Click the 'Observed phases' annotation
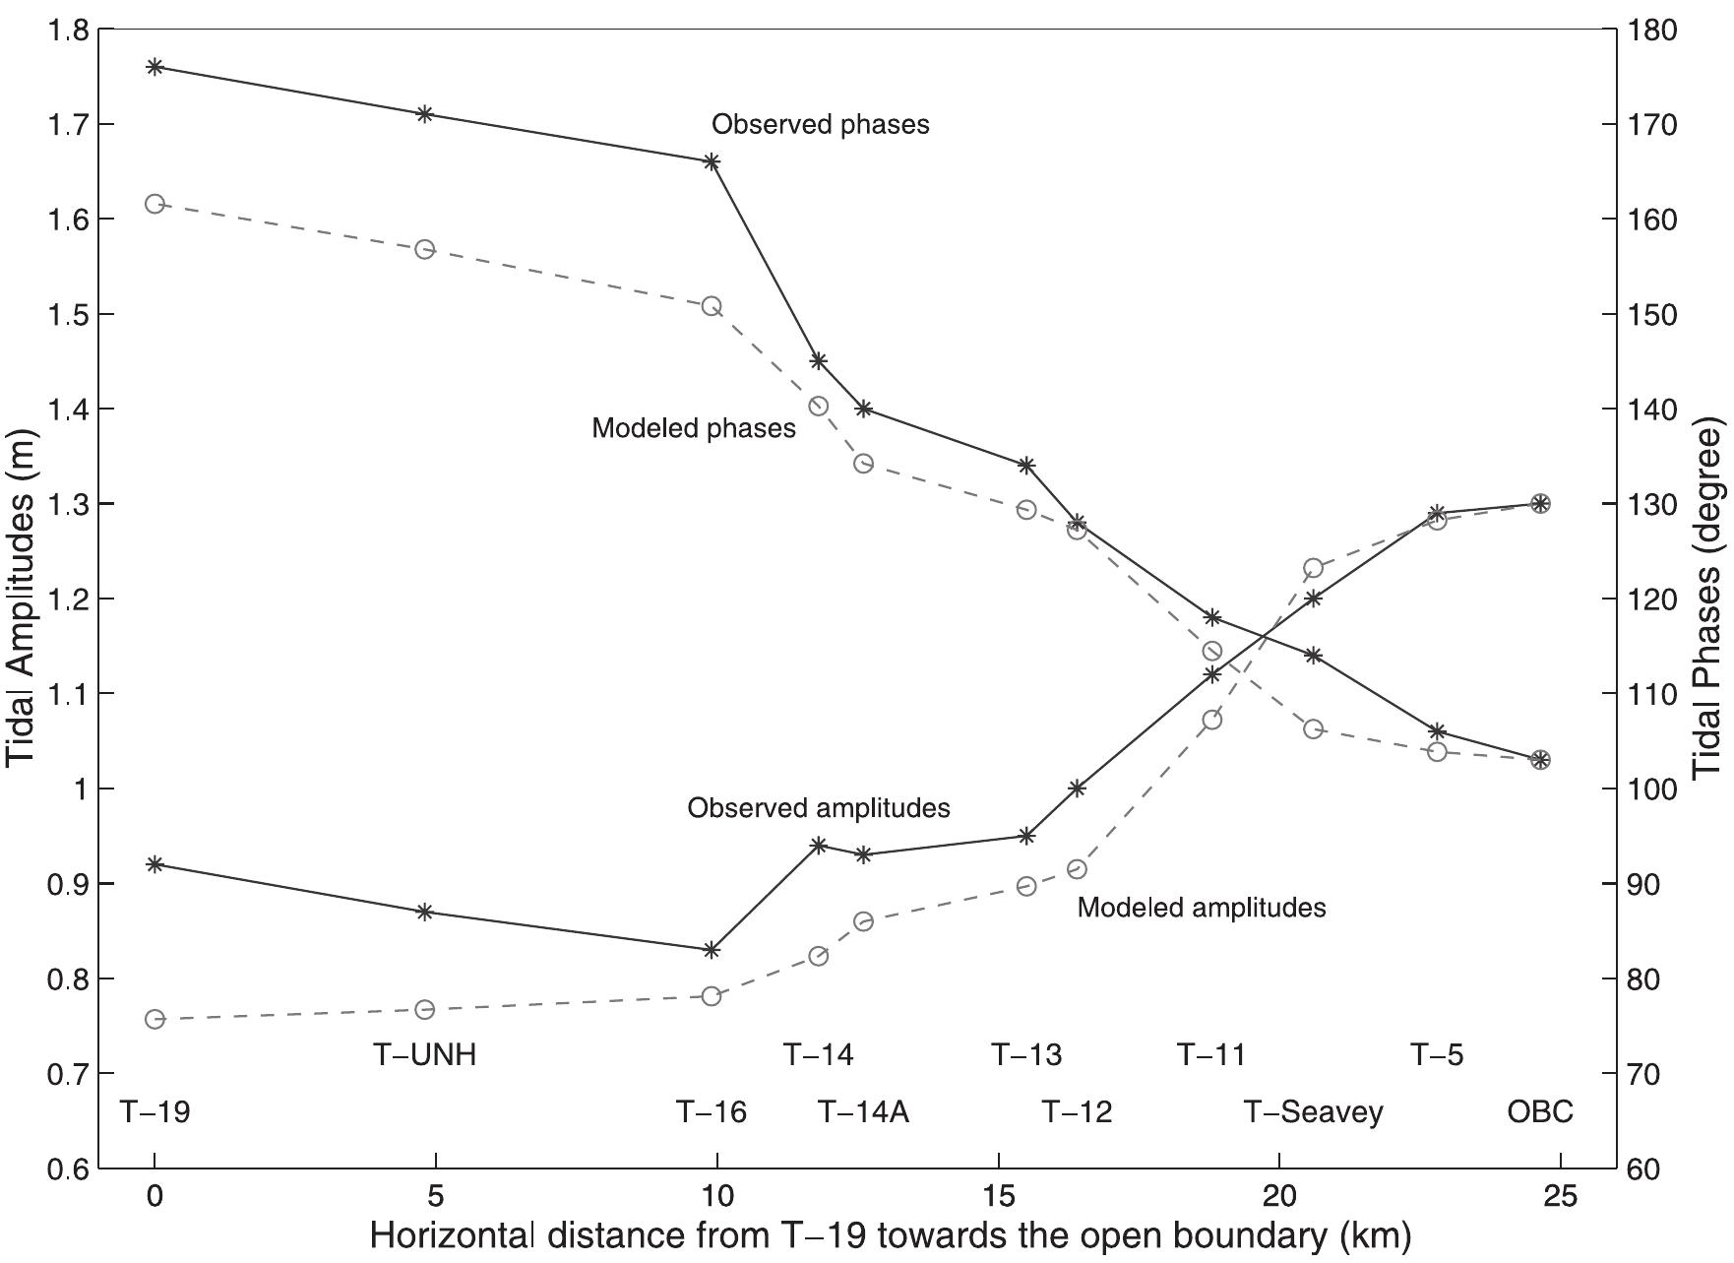[x=820, y=125]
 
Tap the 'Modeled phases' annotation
[x=693, y=429]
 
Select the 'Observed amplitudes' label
[x=818, y=808]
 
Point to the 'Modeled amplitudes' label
[x=1201, y=907]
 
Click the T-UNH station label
[x=424, y=1055]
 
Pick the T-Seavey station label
[x=1313, y=1112]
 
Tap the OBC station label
[x=1539, y=1112]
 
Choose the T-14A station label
[x=863, y=1112]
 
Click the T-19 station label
[x=155, y=1112]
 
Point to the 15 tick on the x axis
[x=998, y=1197]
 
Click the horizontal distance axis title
[x=891, y=1235]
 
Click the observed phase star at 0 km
[x=155, y=67]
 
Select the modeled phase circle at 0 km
[x=155, y=204]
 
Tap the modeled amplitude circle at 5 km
[x=425, y=1009]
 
